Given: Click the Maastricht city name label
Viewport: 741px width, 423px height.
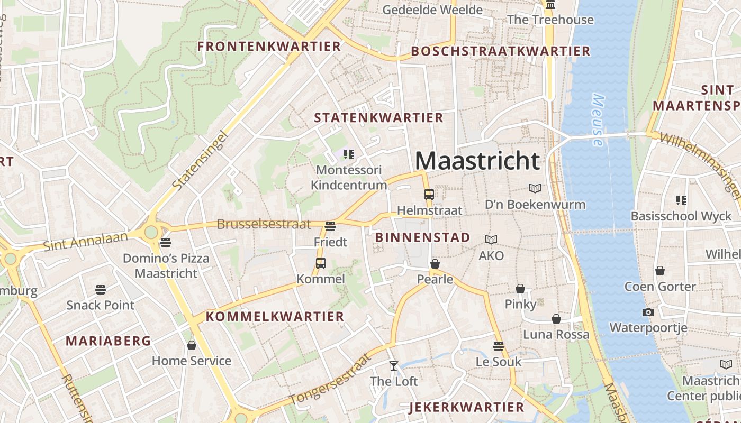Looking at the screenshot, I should click(x=477, y=160).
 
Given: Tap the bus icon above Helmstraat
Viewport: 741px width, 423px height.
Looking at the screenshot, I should click(x=429, y=194).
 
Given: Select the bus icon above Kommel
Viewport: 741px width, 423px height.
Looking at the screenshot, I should click(x=321, y=263).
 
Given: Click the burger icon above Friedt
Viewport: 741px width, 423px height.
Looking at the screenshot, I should click(x=330, y=226).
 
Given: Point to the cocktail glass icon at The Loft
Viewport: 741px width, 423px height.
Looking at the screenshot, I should click(x=393, y=365).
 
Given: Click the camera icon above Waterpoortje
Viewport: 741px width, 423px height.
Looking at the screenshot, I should click(x=648, y=312).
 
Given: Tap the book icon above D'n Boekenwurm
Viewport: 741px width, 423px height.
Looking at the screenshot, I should click(x=535, y=188).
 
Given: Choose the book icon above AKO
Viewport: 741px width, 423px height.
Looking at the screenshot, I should click(x=491, y=240).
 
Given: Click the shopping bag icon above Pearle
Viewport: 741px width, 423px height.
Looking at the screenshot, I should click(x=435, y=263).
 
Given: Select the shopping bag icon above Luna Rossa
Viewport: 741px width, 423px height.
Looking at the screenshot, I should click(x=556, y=319).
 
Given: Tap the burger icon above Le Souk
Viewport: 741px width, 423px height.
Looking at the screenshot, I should click(x=498, y=346).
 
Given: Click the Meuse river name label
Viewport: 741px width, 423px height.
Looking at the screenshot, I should click(x=598, y=120).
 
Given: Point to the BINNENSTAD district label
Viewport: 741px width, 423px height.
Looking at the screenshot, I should click(x=422, y=237).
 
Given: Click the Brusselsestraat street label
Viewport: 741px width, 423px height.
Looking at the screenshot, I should click(x=264, y=224).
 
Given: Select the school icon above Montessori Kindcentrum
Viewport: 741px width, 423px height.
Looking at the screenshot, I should click(x=348, y=154).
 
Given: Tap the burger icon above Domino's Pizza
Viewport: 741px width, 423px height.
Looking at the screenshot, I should click(x=166, y=243).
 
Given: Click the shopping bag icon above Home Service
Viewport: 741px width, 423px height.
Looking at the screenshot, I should click(x=192, y=345).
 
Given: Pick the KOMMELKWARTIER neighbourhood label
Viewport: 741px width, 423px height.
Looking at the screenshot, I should click(x=275, y=317).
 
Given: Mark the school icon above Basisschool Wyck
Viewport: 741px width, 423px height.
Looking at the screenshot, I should click(x=681, y=200).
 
